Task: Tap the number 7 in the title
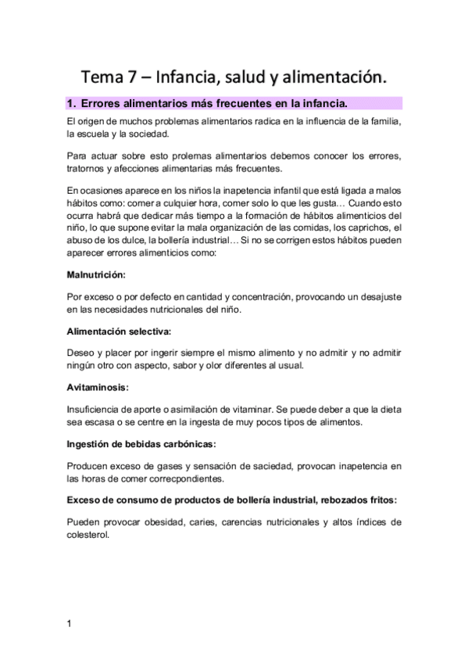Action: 141,77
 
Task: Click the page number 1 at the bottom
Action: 70,623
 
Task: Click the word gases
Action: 167,465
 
